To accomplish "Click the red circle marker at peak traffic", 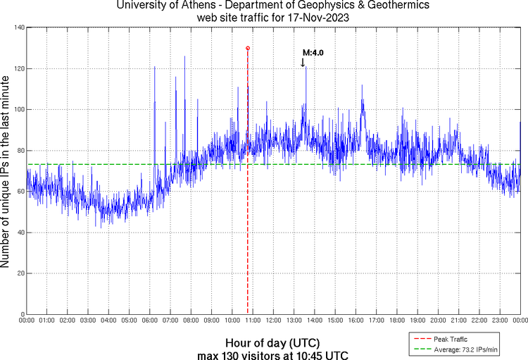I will coord(248,48).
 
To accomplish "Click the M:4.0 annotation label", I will coord(313,52).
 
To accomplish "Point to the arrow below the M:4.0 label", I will coord(303,62).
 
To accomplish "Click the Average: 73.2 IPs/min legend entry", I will coord(464,349).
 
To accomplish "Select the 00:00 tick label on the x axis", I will coord(27,321).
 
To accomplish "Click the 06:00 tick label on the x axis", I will coord(150,321).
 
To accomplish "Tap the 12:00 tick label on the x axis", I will coord(273,321).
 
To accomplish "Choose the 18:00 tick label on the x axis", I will coord(396,321).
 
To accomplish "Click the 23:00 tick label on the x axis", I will coord(499,321).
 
